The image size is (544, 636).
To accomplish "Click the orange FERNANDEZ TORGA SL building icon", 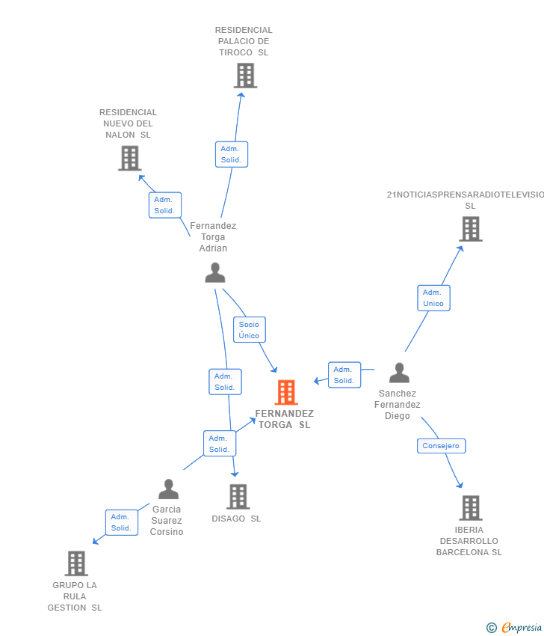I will [x=286, y=392].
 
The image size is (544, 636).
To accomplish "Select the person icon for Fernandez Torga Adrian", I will [x=215, y=273].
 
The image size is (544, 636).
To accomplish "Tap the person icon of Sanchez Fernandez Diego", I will [x=400, y=373].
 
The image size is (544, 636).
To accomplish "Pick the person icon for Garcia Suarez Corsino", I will [x=169, y=489].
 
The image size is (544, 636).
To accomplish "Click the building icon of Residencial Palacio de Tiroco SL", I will [x=245, y=76].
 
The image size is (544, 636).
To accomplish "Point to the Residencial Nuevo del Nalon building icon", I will [x=130, y=158].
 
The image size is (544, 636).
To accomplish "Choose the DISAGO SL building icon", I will [x=238, y=496].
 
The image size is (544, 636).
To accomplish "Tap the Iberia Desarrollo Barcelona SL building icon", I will [x=471, y=508].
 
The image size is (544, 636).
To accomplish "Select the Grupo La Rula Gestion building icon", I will [x=76, y=563].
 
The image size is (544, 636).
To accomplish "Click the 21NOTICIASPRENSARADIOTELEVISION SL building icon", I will [x=471, y=229].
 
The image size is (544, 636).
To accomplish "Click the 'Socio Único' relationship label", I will [x=250, y=330].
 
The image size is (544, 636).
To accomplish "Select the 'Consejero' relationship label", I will [x=441, y=446].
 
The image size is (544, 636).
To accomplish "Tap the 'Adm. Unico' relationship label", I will [x=433, y=298].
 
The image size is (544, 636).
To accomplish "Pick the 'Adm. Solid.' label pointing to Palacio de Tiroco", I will [x=231, y=154].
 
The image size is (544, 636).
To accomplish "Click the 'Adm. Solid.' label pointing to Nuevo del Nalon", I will [x=164, y=205].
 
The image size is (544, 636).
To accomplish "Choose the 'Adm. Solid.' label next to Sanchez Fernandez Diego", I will [x=344, y=375].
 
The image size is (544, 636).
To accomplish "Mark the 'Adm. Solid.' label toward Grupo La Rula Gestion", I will [x=121, y=522].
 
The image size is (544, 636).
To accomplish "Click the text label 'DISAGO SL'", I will [x=236, y=519].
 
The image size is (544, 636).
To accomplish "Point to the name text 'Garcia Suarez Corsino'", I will [x=167, y=521].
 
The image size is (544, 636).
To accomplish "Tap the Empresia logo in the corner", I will [x=515, y=628].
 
